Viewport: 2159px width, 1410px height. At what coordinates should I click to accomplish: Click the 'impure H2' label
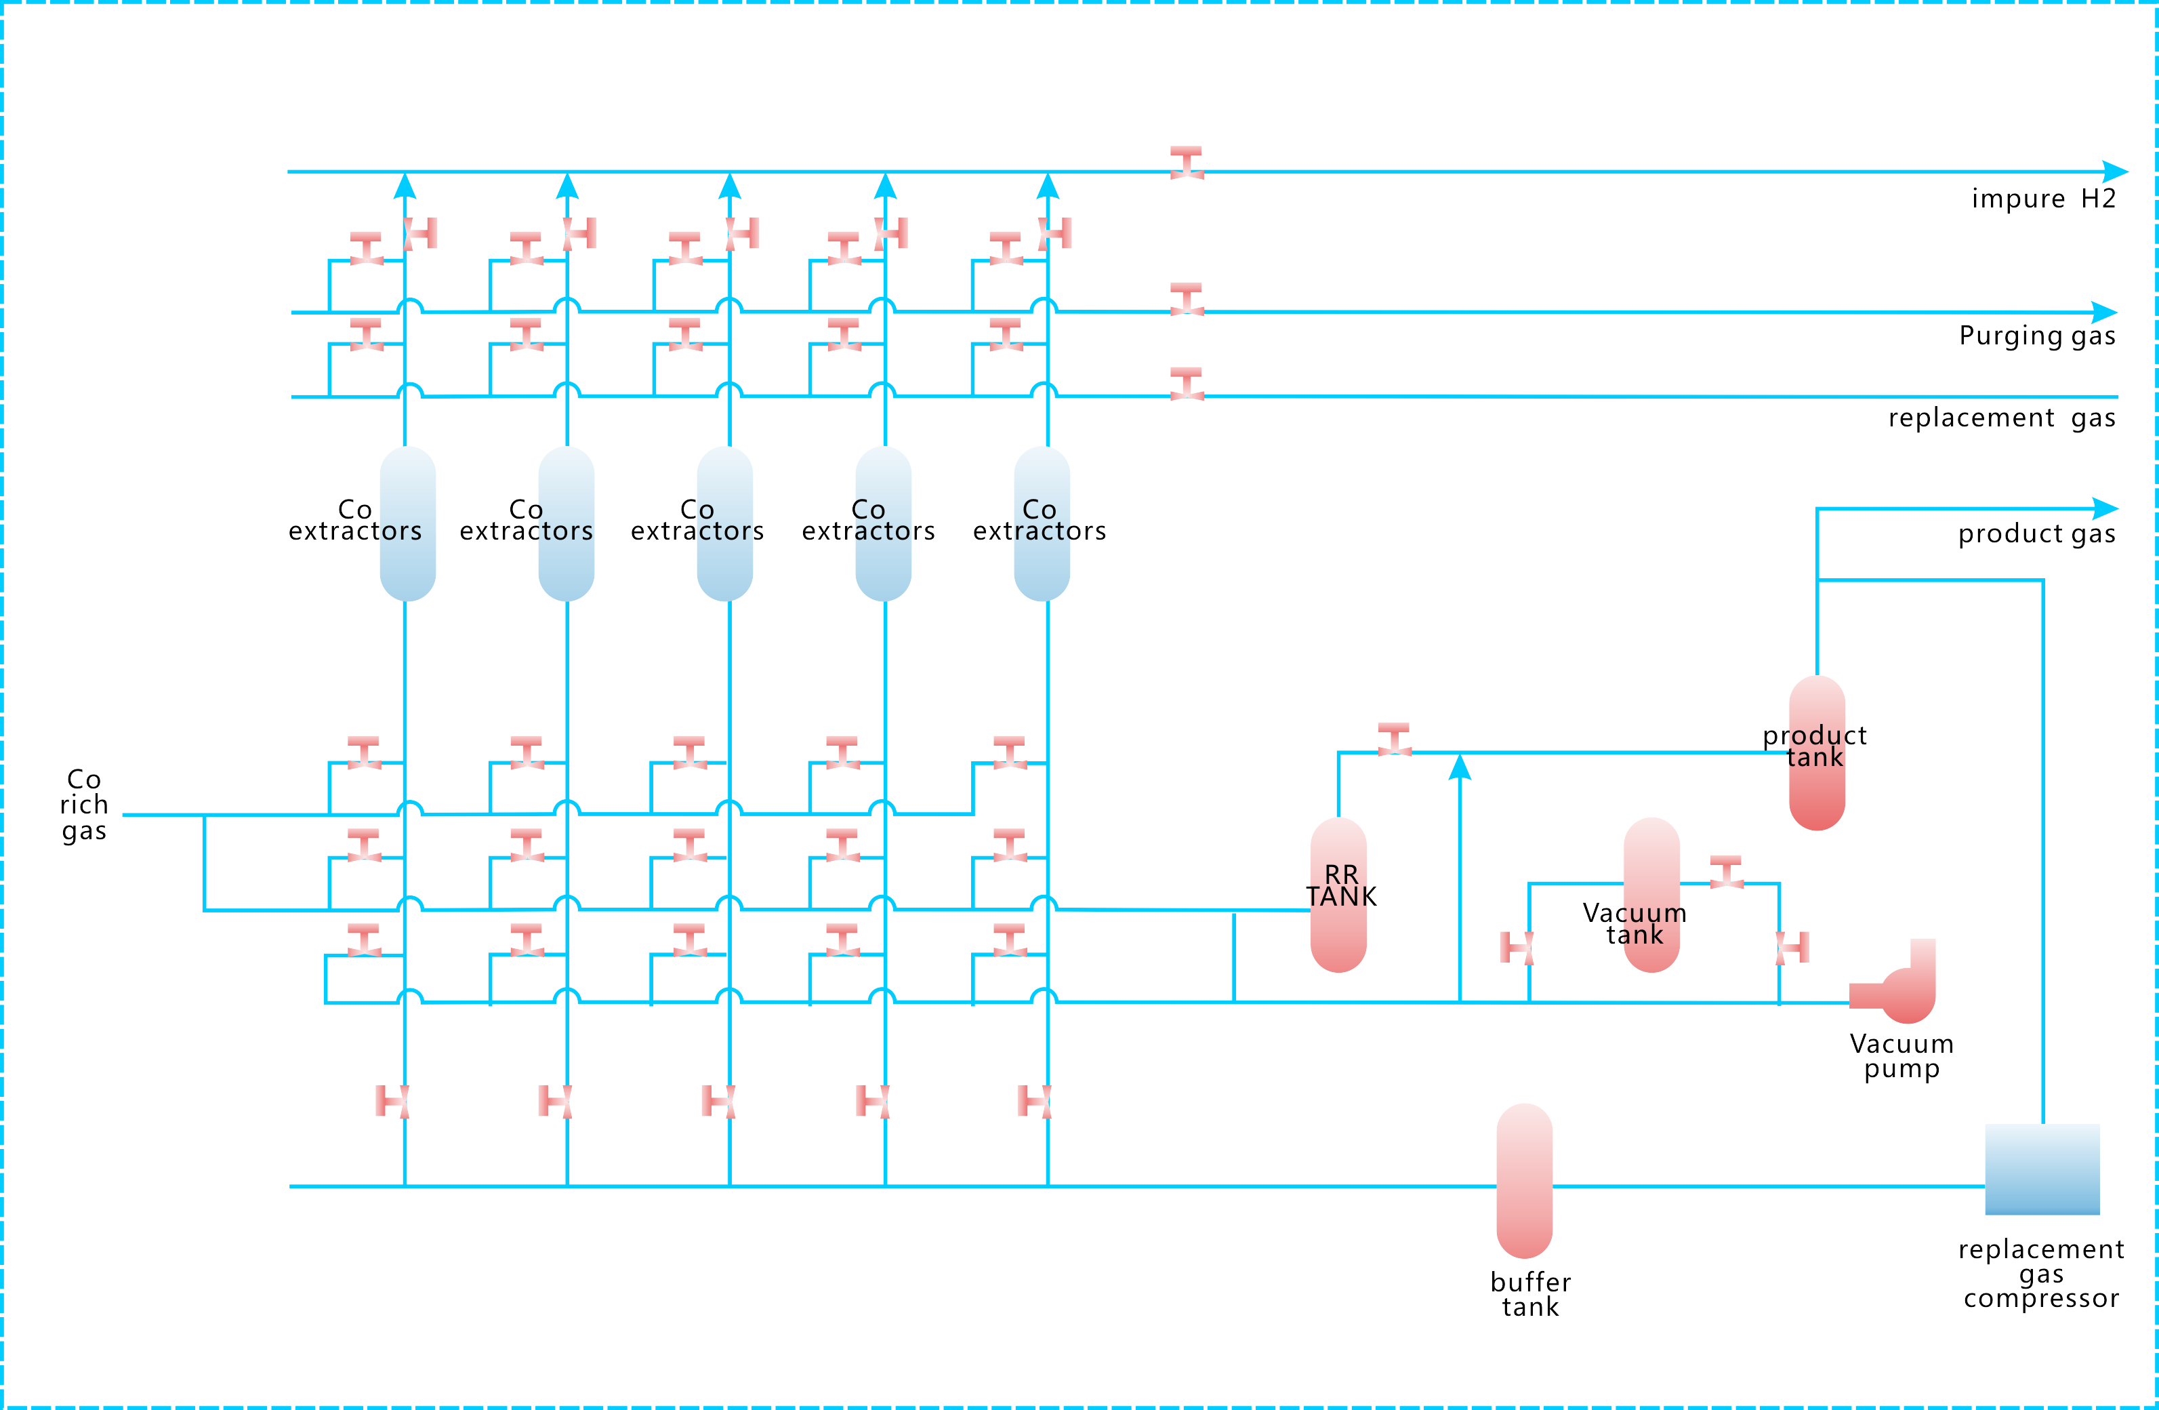tap(2043, 199)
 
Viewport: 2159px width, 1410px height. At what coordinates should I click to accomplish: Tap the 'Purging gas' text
tap(2036, 336)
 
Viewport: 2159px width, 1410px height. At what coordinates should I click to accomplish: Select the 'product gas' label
tap(2036, 533)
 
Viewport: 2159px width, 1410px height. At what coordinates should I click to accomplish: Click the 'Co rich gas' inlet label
tap(84, 805)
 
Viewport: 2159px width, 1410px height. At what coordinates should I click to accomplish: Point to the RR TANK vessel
tap(1338, 895)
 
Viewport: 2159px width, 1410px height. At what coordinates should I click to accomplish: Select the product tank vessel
tap(1816, 753)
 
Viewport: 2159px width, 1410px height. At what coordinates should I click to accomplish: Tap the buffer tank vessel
tap(1524, 1182)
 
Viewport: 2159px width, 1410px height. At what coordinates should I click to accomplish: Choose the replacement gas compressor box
tap(2042, 1169)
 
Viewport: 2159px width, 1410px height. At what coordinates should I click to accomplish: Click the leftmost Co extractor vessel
tap(407, 523)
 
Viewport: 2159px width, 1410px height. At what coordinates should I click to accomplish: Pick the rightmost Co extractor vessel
tap(1042, 523)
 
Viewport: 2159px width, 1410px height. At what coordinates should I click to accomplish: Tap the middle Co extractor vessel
tap(725, 523)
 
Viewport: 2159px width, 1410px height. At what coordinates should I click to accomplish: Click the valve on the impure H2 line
tap(1186, 163)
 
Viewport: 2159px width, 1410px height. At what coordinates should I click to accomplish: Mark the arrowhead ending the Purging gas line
tap(2105, 312)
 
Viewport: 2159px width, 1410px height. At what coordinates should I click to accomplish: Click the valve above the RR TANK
tap(1395, 740)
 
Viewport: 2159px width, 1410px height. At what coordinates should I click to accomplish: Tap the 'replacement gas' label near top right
tap(2001, 418)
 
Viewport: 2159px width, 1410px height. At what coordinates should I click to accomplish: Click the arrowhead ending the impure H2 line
tap(2116, 172)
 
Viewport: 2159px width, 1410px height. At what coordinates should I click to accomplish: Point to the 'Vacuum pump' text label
tap(1901, 1056)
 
